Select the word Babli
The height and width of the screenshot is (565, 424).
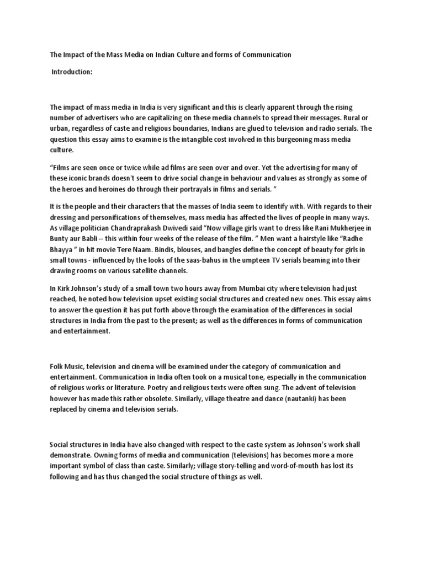pos(91,239)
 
